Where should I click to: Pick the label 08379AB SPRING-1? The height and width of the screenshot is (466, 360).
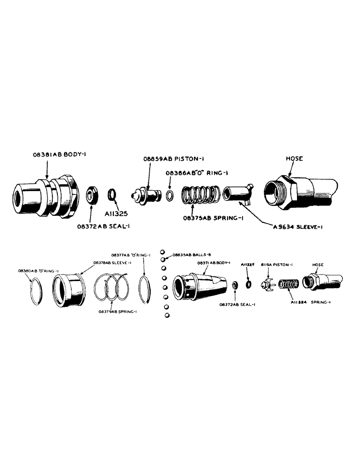coord(117,311)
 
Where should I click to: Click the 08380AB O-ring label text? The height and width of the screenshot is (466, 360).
coord(35,270)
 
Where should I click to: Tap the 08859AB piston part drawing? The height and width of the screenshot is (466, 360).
coord(145,194)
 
